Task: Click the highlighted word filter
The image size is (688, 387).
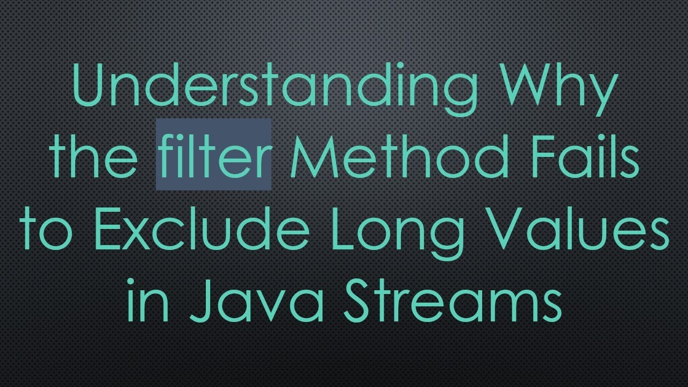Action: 213,156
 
